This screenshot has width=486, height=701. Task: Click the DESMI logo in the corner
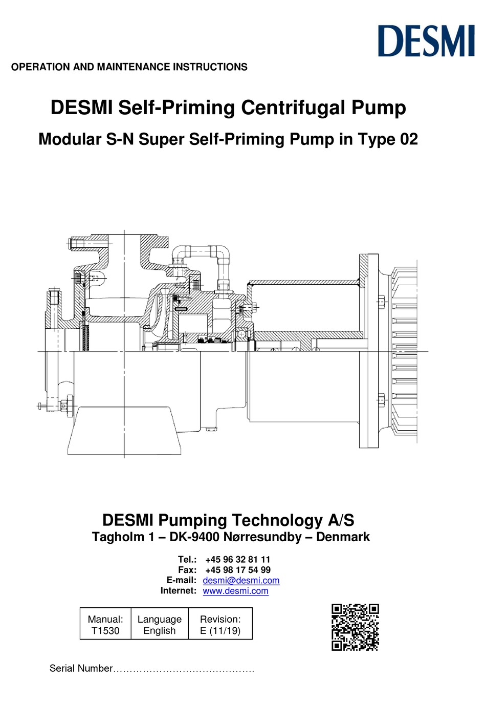pos(426,41)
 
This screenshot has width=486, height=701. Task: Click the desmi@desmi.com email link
pos(241,580)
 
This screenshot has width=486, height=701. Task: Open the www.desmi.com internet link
pos(235,591)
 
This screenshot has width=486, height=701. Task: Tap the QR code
pos(355,627)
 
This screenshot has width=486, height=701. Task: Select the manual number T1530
pos(105,631)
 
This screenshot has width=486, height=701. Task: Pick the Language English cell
pos(160,625)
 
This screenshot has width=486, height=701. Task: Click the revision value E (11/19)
pos(220,631)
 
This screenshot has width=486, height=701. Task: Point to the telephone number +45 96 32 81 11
pos(237,559)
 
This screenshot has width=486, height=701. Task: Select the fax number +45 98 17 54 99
pos(237,570)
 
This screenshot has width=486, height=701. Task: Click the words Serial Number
pos(80,668)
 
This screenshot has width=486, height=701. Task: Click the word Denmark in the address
pos(343,537)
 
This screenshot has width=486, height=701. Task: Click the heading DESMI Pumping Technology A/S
pos(228,520)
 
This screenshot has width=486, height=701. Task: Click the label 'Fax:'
pos(187,570)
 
